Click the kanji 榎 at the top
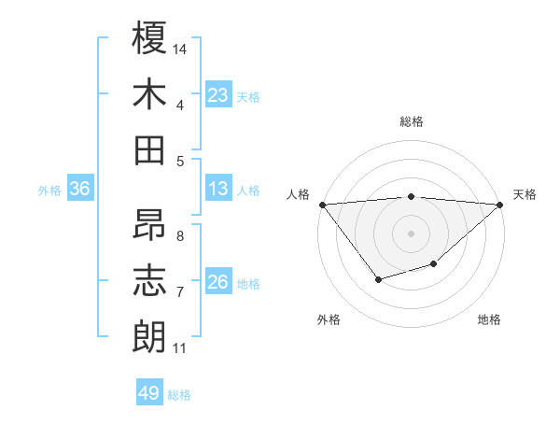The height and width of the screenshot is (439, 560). pyautogui.click(x=150, y=39)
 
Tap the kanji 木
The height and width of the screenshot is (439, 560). pyautogui.click(x=150, y=94)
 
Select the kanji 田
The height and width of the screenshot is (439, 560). pyautogui.click(x=150, y=149)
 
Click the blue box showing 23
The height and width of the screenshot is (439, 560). pyautogui.click(x=218, y=95)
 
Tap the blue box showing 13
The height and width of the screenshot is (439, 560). pyautogui.click(x=218, y=189)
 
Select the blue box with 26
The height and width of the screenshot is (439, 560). pyautogui.click(x=218, y=282)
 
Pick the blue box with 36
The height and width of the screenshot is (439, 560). pyautogui.click(x=80, y=189)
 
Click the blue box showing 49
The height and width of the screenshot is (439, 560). pyautogui.click(x=149, y=393)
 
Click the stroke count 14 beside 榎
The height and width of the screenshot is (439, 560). pyautogui.click(x=181, y=49)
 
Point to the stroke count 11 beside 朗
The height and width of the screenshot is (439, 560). pyautogui.click(x=180, y=348)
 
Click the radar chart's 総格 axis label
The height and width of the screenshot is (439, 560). pyautogui.click(x=412, y=121)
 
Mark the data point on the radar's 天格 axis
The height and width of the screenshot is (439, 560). pyautogui.click(x=501, y=205)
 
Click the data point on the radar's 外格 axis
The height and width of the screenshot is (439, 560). pyautogui.click(x=378, y=279)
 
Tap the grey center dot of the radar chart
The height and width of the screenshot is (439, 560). pyautogui.click(x=412, y=233)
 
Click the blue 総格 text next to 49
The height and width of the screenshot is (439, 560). pyautogui.click(x=179, y=395)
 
